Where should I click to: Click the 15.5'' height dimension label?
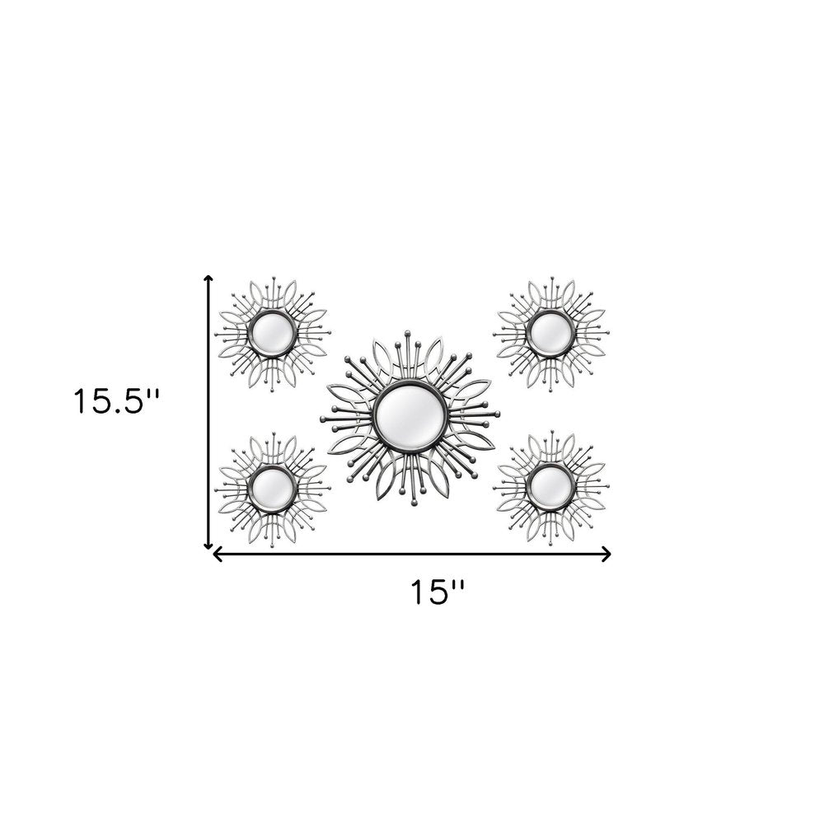pos(116,401)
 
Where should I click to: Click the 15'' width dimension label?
pos(438,592)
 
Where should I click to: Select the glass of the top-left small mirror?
pos(272,333)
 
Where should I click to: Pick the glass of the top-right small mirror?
pos(550,332)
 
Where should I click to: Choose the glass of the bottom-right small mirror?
pos(550,485)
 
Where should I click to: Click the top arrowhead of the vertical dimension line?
pos(208,279)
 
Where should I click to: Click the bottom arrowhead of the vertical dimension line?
pos(208,545)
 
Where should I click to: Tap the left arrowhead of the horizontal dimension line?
pos(217,554)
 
